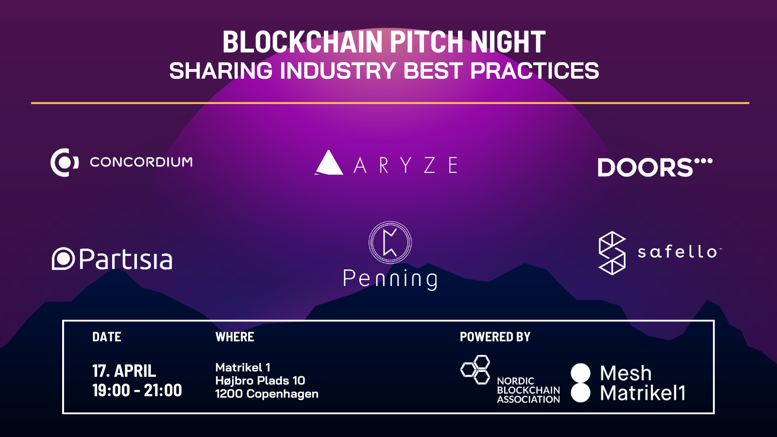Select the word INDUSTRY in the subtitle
click(x=338, y=71)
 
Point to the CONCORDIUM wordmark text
click(x=141, y=162)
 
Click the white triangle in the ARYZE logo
click(x=330, y=164)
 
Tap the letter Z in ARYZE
click(x=429, y=166)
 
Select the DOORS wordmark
click(x=645, y=168)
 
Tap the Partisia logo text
click(x=125, y=260)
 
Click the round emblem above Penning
click(x=390, y=242)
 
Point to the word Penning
click(x=390, y=279)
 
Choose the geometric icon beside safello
click(x=612, y=253)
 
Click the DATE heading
click(x=107, y=337)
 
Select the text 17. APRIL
click(x=124, y=371)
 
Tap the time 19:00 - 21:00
click(x=137, y=390)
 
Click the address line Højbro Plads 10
click(x=260, y=381)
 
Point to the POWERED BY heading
click(x=495, y=337)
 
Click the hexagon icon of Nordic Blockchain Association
click(x=476, y=370)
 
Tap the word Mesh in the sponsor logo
click(x=625, y=373)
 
